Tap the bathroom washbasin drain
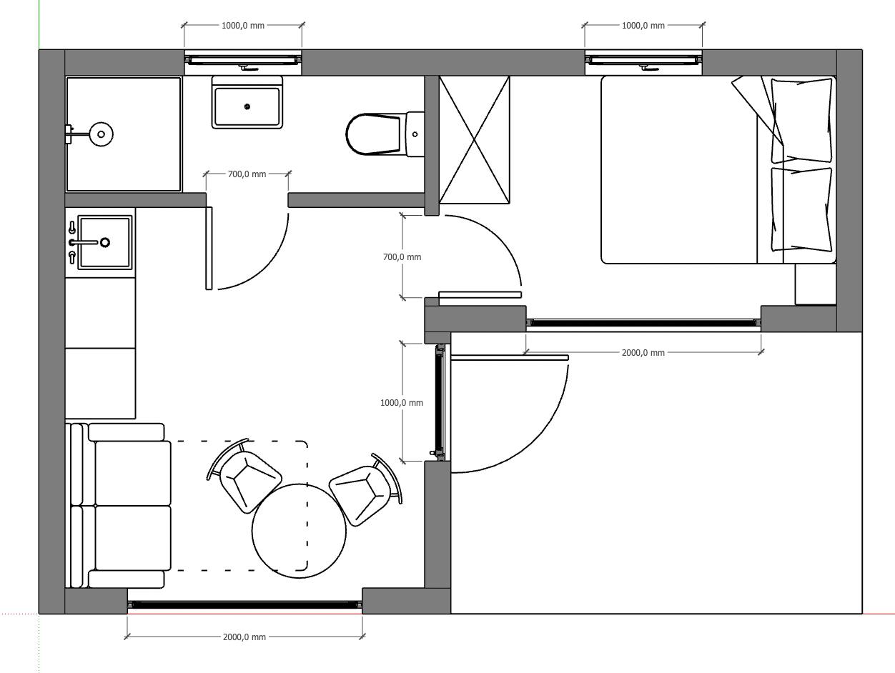(x=247, y=106)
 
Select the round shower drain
(x=101, y=134)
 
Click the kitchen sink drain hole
(x=105, y=242)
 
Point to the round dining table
(x=299, y=531)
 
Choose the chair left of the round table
(x=244, y=477)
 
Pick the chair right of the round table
(x=365, y=489)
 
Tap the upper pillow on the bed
(x=801, y=121)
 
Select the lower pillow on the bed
(x=801, y=210)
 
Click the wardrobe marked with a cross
(x=474, y=140)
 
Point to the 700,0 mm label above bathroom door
(x=247, y=174)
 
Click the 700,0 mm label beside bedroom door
(x=402, y=257)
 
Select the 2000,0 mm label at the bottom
(x=244, y=637)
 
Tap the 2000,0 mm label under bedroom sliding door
(x=643, y=353)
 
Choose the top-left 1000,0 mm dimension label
(x=243, y=26)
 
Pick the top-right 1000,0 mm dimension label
(x=643, y=26)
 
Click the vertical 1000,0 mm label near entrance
(x=402, y=403)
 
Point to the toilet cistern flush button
(x=415, y=134)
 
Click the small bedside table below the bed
(x=816, y=284)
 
